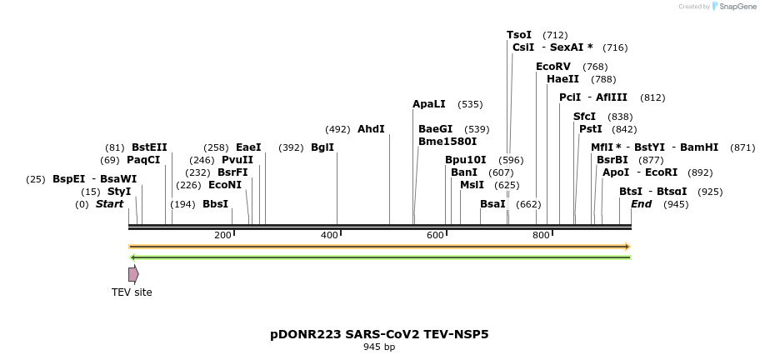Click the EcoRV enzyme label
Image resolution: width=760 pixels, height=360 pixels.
click(x=553, y=67)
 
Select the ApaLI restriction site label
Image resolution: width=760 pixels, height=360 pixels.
click(x=429, y=104)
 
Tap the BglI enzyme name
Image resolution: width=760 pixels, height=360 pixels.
click(x=322, y=147)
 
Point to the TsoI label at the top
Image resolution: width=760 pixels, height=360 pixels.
click(x=519, y=35)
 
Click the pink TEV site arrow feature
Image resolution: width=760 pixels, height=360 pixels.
click(x=133, y=274)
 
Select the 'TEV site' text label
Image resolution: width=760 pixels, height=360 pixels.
click(x=132, y=292)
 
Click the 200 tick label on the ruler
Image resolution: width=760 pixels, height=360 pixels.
click(x=222, y=236)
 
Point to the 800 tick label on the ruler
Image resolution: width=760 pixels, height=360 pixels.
click(x=541, y=236)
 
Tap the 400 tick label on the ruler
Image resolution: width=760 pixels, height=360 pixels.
click(x=328, y=236)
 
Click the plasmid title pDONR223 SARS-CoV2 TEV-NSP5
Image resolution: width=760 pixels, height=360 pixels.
click(x=379, y=334)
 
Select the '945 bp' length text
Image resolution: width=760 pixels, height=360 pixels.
click(x=379, y=347)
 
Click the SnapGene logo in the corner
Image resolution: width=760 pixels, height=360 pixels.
click(x=727, y=7)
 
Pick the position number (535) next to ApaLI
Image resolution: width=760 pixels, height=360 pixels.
click(x=470, y=104)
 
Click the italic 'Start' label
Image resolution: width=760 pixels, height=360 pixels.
click(x=109, y=204)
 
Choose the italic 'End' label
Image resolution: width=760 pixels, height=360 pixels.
click(x=641, y=204)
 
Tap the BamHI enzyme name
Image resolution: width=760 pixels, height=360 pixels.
click(x=699, y=147)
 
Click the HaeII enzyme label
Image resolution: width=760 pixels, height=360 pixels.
click(x=562, y=79)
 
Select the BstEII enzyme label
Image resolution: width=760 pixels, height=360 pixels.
click(x=149, y=147)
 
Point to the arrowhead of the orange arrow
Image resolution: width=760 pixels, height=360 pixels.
click(x=627, y=247)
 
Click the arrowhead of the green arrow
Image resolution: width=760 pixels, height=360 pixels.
click(x=132, y=257)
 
